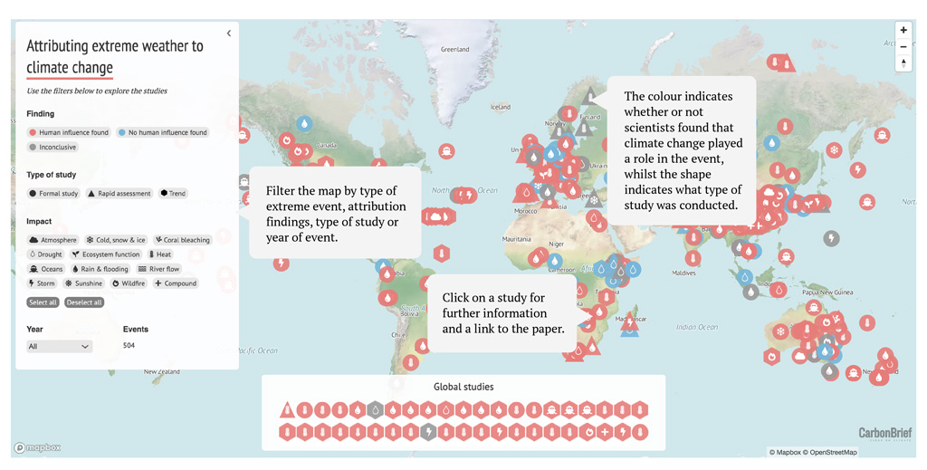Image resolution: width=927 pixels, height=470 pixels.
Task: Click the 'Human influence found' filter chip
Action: pyautogui.click(x=69, y=132)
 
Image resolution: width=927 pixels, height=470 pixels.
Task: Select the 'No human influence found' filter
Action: pyautogui.click(x=163, y=132)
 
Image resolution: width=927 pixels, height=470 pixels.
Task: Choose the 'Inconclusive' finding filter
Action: pyautogui.click(x=53, y=147)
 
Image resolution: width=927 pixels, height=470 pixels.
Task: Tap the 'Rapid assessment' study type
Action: pyautogui.click(x=120, y=193)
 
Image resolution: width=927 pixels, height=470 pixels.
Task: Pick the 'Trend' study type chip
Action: pyautogui.click(x=173, y=193)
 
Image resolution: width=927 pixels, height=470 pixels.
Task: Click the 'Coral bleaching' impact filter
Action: pyautogui.click(x=182, y=240)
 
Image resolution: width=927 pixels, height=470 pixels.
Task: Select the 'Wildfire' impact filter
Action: pyautogui.click(x=129, y=283)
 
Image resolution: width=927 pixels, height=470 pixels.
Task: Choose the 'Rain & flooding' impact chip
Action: pyautogui.click(x=100, y=269)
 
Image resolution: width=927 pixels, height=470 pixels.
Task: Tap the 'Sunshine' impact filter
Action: pyautogui.click(x=83, y=283)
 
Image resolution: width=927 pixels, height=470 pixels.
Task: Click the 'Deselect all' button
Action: pyautogui.click(x=84, y=302)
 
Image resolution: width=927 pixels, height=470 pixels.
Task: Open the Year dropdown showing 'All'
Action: pyautogui.click(x=60, y=346)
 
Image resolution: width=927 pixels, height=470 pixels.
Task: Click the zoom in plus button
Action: pyautogui.click(x=903, y=31)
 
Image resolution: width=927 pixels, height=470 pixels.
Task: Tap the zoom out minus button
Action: pyautogui.click(x=903, y=46)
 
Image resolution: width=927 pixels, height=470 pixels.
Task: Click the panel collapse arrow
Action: pyautogui.click(x=228, y=34)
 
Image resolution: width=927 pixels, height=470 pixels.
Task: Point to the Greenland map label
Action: pyautogui.click(x=454, y=49)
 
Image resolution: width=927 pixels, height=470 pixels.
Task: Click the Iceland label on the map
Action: pyautogui.click(x=501, y=107)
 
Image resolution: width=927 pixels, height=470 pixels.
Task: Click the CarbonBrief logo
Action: pyautogui.click(x=884, y=434)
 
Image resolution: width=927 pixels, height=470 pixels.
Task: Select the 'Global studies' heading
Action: pyautogui.click(x=463, y=387)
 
